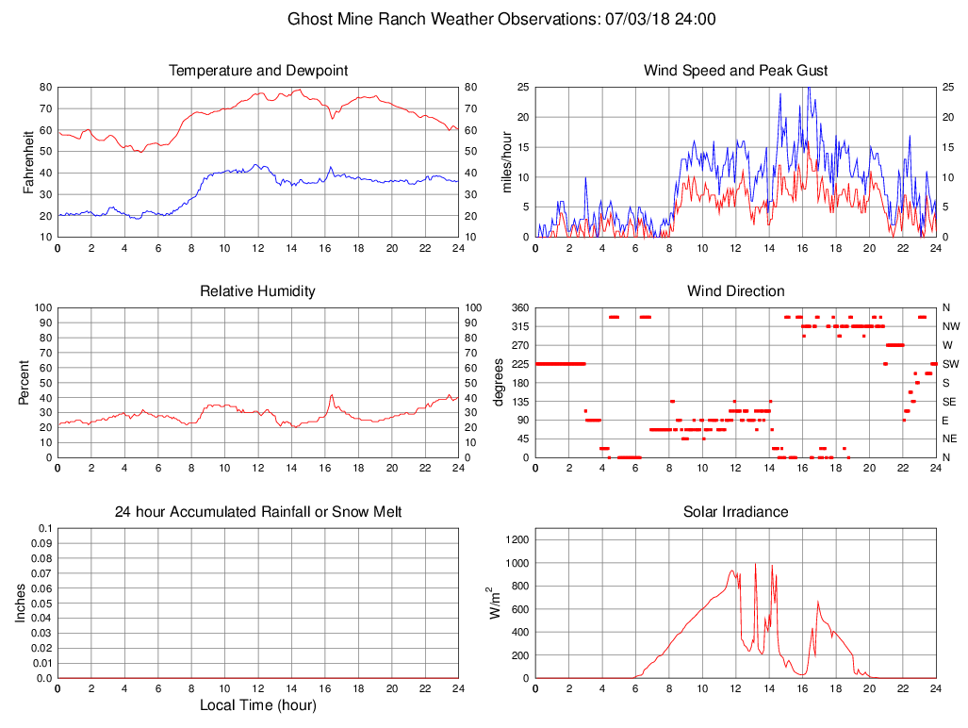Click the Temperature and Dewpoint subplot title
tap(258, 71)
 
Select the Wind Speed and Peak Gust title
tap(735, 71)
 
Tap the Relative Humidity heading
tap(258, 291)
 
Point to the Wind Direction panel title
tap(735, 291)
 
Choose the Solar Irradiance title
tap(735, 512)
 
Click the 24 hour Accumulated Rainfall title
tap(258, 512)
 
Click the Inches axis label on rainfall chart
tap(21, 603)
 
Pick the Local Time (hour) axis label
tap(258, 705)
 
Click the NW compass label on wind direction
tap(947, 326)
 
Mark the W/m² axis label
tap(493, 603)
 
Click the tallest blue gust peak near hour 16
tap(808, 89)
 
